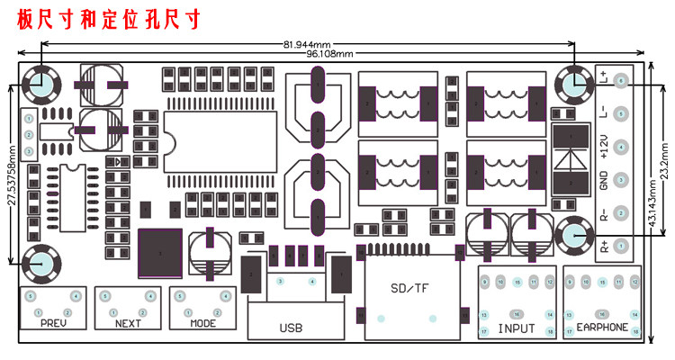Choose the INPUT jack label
516,328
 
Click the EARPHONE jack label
602,328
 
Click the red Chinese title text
108,19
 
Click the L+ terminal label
604,79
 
